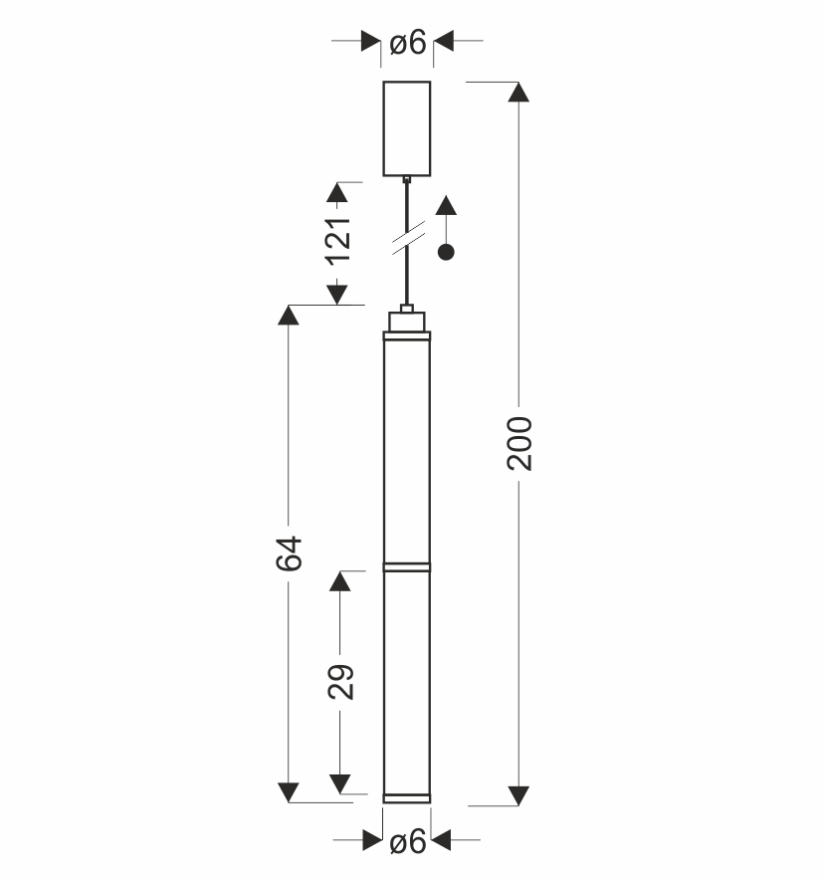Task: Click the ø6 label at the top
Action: [x=408, y=43]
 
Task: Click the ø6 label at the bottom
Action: [x=408, y=842]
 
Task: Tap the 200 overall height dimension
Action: [x=519, y=443]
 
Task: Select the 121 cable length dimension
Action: [x=338, y=240]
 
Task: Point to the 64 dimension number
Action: [x=290, y=553]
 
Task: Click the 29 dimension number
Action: [x=341, y=682]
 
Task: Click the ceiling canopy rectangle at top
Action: [x=407, y=128]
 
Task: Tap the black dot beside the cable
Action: [x=446, y=253]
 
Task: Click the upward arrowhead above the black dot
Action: [x=446, y=205]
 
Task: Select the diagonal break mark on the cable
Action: [x=408, y=238]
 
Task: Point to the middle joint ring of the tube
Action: [x=407, y=567]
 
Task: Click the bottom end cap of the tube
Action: [x=407, y=798]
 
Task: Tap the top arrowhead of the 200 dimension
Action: [x=518, y=93]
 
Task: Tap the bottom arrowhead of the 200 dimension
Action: [x=518, y=796]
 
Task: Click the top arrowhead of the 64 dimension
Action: [x=289, y=315]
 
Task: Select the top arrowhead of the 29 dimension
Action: [x=340, y=581]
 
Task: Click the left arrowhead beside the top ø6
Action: [x=370, y=41]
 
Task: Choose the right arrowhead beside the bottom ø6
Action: [x=441, y=840]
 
